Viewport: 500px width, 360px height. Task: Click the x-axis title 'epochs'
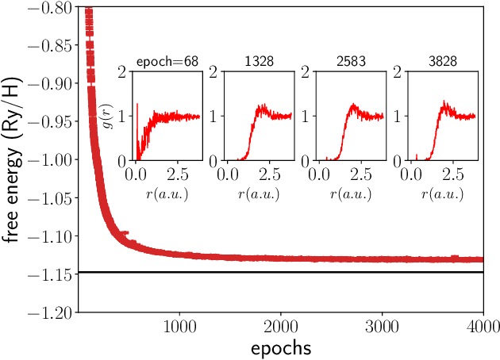point(280,347)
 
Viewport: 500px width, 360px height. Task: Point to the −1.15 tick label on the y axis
point(48,274)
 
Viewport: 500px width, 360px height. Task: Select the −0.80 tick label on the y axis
point(48,7)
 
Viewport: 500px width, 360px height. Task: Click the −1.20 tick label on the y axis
point(48,312)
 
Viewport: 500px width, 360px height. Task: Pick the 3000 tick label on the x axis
point(383,327)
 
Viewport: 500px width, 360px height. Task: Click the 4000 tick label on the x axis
point(483,327)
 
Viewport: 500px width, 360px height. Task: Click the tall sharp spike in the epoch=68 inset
point(137,105)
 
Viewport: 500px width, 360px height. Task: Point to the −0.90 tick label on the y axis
point(48,83)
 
